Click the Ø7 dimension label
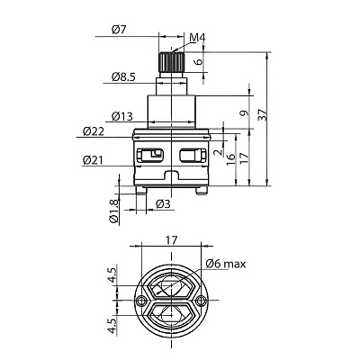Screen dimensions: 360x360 [119, 30]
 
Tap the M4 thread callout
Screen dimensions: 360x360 [197, 38]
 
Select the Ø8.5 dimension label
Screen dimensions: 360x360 [123, 77]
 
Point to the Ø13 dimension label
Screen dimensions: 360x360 [122, 116]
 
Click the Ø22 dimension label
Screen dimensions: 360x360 [94, 131]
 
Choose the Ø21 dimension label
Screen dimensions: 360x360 [93, 160]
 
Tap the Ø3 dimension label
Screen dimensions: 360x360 [163, 204]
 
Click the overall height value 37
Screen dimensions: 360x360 [262, 114]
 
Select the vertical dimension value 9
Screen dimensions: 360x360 [245, 113]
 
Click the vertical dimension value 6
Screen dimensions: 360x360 [200, 62]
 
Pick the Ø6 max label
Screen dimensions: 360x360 [226, 264]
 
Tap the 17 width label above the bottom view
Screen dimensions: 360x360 [172, 240]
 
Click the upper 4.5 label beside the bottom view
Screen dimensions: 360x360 [112, 274]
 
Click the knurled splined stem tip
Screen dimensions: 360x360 [171, 62]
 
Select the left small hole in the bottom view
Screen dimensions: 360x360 [139, 300]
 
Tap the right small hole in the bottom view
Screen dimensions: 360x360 [202, 300]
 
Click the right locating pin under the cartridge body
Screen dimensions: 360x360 [202, 191]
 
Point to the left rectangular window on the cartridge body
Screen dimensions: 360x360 [150, 155]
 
